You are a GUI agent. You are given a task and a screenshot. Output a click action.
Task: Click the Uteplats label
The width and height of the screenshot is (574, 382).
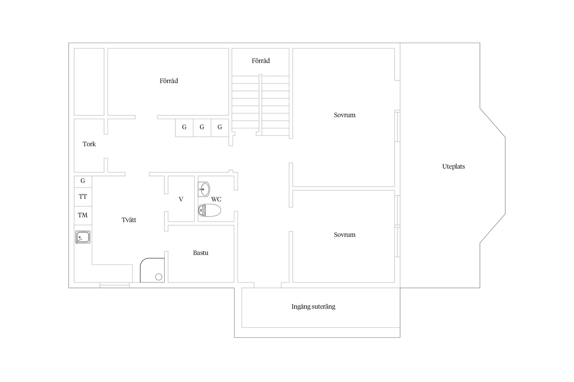tap(454, 167)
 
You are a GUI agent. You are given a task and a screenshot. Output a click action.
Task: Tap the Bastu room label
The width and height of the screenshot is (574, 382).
tap(201, 253)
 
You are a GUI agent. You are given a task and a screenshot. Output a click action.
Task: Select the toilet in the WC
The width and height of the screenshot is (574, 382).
tap(210, 210)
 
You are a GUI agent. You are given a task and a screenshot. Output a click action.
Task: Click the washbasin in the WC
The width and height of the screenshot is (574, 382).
tap(204, 189)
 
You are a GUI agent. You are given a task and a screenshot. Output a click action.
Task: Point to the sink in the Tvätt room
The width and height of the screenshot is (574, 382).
tap(83, 237)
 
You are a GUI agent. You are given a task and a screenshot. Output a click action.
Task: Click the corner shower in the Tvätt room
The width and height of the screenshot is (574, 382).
tap(152, 270)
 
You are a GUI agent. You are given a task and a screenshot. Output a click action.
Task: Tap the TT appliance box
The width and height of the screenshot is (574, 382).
tap(83, 197)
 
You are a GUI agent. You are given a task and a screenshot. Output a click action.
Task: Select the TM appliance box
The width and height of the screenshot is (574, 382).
tap(83, 215)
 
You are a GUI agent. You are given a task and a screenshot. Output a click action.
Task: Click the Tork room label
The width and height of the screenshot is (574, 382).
tap(89, 144)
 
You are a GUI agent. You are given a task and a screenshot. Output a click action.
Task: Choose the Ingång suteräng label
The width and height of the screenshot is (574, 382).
tap(313, 307)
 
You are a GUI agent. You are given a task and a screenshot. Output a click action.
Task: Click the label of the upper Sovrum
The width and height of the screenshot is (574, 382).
tap(345, 115)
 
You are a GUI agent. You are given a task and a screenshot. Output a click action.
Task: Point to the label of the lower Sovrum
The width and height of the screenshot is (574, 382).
tap(345, 235)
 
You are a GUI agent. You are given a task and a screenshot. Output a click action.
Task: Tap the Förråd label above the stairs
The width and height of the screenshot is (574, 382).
tap(261, 61)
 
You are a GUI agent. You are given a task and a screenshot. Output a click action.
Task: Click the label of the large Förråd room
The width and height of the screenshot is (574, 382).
tap(169, 81)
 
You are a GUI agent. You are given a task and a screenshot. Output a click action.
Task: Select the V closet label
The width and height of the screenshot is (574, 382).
tap(181, 199)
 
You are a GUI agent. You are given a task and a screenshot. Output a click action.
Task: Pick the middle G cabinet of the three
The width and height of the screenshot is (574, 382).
tap(202, 128)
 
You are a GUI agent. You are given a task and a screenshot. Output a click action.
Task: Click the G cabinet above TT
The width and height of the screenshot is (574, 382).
tap(83, 181)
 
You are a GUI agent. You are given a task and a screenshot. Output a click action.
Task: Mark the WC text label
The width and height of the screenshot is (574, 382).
tap(216, 199)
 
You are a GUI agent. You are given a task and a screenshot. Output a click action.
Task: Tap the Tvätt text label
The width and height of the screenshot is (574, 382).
tap(129, 220)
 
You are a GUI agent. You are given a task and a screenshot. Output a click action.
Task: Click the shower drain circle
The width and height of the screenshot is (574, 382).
tap(159, 277)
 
